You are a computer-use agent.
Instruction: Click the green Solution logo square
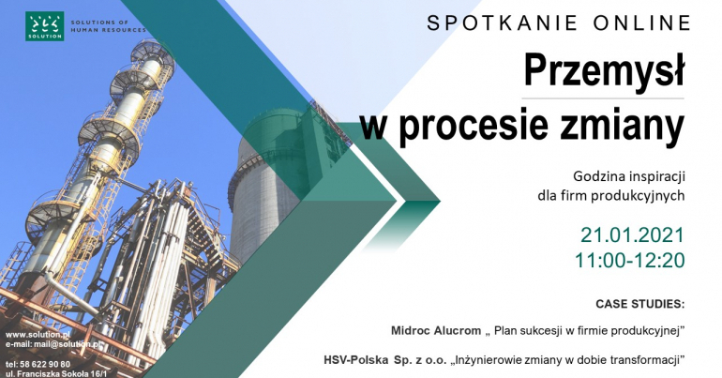[45, 26]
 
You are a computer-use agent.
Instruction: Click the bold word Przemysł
[604, 70]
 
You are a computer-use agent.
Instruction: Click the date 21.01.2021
[632, 234]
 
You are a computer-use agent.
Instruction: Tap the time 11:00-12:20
[629, 261]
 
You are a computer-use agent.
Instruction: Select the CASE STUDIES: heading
[640, 304]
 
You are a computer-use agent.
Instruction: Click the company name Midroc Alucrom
[436, 330]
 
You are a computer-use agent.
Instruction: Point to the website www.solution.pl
[38, 335]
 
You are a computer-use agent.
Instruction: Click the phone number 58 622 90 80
[45, 365]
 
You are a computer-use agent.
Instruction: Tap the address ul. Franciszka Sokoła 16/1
[55, 374]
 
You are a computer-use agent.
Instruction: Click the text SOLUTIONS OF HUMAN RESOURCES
[108, 26]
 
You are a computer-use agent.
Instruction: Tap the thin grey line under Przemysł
[603, 99]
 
